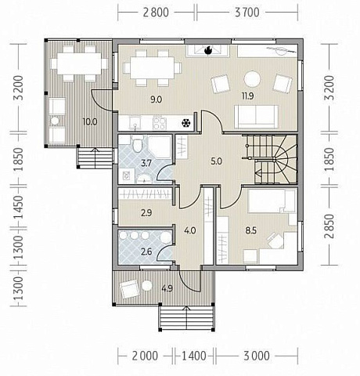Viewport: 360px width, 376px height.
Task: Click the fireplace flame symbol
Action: [208, 50]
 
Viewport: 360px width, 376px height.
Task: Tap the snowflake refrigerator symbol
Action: [186, 123]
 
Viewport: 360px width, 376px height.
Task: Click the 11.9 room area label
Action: [247, 96]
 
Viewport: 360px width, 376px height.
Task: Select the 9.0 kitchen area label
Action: [157, 99]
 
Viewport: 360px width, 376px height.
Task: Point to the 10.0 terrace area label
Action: [89, 121]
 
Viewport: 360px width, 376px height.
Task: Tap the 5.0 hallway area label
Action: [217, 161]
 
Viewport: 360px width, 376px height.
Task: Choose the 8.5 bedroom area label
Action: [251, 230]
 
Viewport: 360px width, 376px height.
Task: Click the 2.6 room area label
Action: [146, 251]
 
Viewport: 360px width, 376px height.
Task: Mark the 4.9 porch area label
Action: [167, 289]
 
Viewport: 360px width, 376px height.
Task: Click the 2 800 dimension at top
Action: [156, 13]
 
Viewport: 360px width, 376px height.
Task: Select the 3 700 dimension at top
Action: [247, 13]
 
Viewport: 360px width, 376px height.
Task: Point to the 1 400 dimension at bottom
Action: [193, 356]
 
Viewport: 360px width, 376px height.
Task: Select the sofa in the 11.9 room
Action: [256, 117]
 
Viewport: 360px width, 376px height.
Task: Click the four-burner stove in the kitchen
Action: [160, 123]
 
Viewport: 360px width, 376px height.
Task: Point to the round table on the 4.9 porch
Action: [147, 285]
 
